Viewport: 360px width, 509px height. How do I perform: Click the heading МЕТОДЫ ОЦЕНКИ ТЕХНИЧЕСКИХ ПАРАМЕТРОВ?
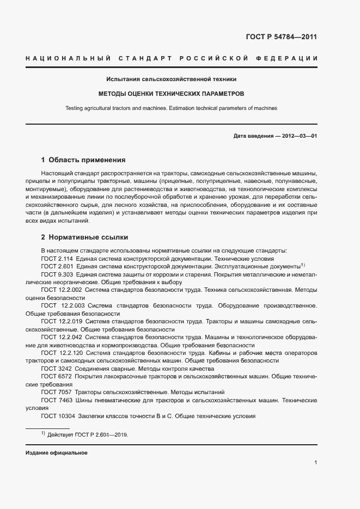171,94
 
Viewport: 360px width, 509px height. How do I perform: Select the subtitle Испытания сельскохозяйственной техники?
171,79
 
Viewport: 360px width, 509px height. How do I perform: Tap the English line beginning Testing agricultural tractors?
171,108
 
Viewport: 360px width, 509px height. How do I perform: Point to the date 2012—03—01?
298,136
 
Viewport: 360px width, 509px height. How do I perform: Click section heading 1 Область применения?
83,160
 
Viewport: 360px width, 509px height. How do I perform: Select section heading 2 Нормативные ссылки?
84,238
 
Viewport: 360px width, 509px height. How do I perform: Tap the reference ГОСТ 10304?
56,416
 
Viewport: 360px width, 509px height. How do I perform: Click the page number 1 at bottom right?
316,463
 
